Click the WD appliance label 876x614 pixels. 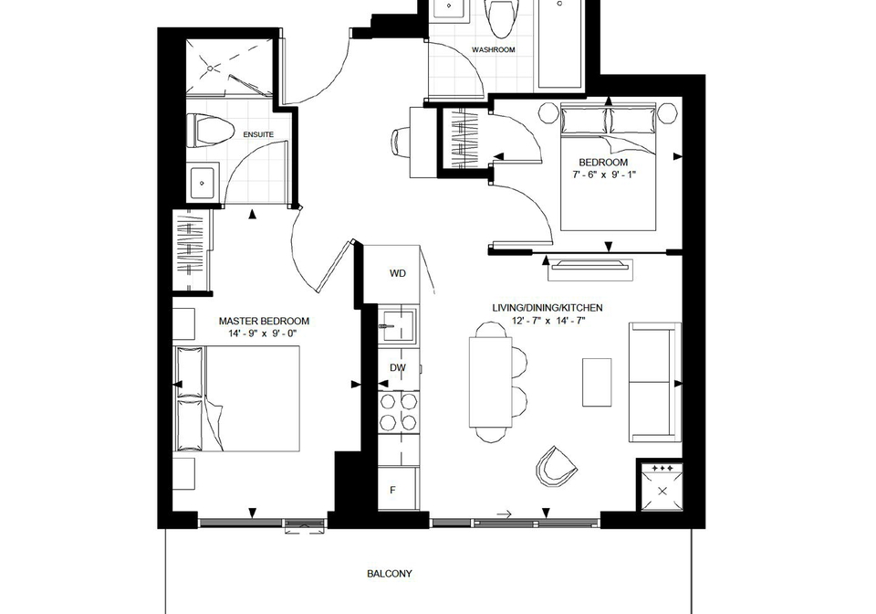(398, 273)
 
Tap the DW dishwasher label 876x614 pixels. (398, 367)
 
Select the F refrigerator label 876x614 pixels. (392, 490)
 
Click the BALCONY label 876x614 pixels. (390, 574)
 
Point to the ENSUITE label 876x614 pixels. (258, 134)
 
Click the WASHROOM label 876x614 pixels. (494, 49)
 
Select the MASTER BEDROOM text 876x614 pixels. (264, 321)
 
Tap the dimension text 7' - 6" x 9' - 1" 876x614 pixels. (603, 175)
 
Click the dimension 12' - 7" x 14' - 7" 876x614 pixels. (548, 321)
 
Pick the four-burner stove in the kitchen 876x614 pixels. (399, 412)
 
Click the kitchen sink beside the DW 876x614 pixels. (397, 325)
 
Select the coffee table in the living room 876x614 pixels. (597, 383)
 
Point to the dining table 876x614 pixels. (491, 382)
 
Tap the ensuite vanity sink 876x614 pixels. (203, 183)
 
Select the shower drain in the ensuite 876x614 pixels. (211, 69)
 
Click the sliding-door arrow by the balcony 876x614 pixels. (504, 514)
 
